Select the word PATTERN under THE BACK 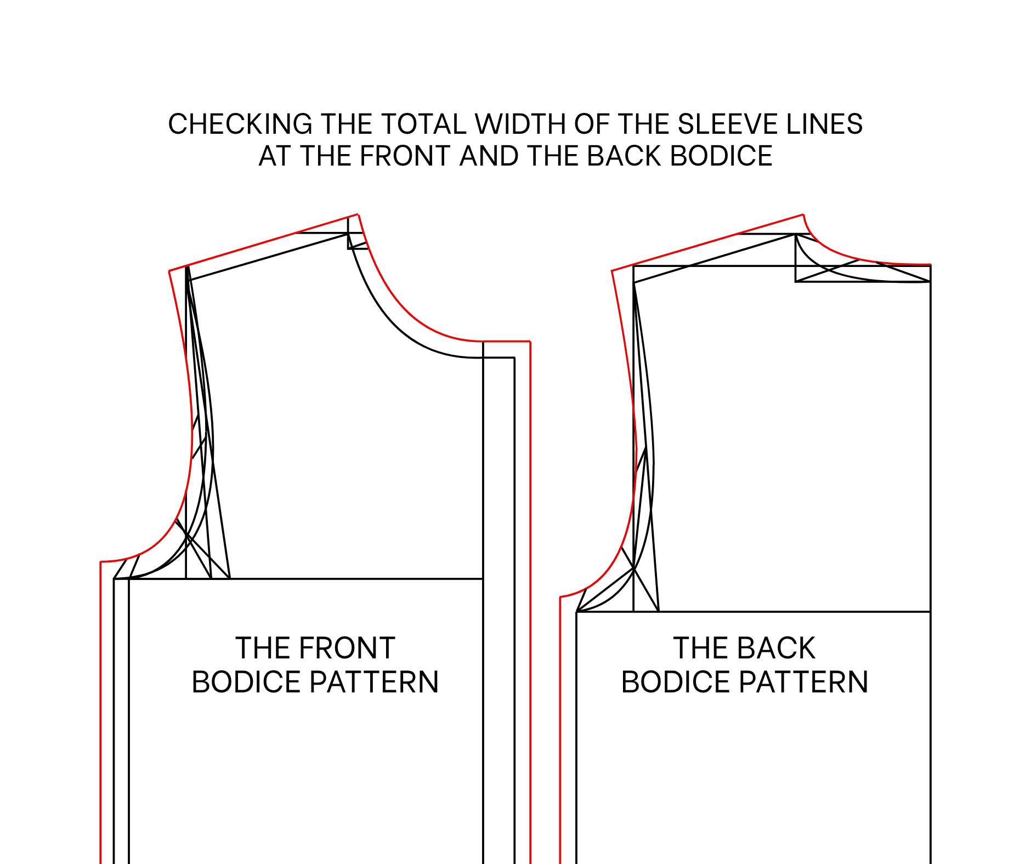pos(803,682)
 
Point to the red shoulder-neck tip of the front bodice pos(358,214)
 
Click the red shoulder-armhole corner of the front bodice pos(169,271)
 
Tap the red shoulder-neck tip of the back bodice pos(803,214)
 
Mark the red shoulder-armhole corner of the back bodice pos(612,271)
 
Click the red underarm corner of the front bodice pos(101,562)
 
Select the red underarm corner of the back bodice pos(560,597)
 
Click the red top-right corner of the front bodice pos(530,342)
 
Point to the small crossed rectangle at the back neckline pos(863,274)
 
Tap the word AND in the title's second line pos(489,156)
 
